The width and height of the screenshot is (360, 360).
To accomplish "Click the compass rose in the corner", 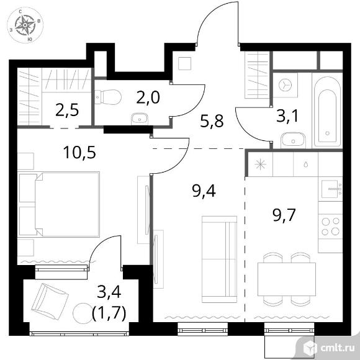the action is tap(25, 25).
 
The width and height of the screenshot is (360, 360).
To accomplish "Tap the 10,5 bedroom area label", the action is tap(79, 153).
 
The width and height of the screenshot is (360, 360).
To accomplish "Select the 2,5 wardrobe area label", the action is tap(67, 110).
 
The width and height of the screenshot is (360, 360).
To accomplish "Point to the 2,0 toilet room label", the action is tap(148, 97).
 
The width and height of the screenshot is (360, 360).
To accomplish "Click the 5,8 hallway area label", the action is tap(212, 121).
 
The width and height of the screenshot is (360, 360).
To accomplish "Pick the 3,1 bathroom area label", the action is tap(287, 116).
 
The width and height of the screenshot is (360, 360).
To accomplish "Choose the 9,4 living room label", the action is tap(204, 191).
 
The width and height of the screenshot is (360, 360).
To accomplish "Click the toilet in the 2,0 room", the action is tap(109, 97).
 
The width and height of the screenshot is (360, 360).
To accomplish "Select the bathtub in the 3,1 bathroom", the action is tap(328, 112).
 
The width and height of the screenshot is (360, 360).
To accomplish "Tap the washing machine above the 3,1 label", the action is tap(285, 86).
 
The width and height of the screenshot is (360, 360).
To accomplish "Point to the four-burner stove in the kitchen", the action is tap(330, 227).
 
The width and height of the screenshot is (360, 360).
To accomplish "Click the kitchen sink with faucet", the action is tap(331, 189).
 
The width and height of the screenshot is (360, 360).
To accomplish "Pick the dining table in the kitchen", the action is tap(287, 279).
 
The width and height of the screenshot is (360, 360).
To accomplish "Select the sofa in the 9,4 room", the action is tap(219, 259).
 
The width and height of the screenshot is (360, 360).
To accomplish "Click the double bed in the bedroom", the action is tap(59, 204).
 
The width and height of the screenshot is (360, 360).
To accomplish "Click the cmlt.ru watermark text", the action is tap(337, 348).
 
